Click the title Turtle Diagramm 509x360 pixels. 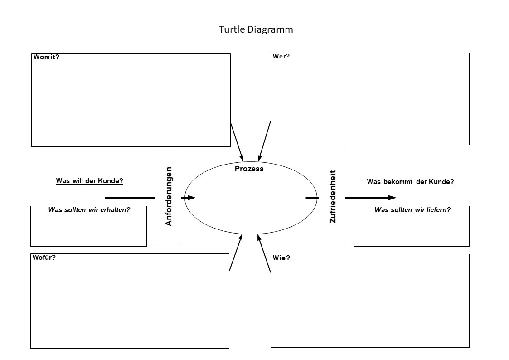coord(256,29)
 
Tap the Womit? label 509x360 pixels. coord(46,57)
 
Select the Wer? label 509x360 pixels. coord(281,57)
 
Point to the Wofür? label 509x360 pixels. coord(44,258)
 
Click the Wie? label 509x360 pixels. coord(281,258)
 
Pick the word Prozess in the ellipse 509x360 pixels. coord(249,169)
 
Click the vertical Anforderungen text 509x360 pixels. coord(169,197)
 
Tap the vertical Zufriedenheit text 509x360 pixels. coord(333,197)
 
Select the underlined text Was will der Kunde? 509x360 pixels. coord(90,180)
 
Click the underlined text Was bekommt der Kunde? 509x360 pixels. coord(410,182)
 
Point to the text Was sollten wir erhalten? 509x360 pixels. coord(89,210)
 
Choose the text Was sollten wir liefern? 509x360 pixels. coord(412,210)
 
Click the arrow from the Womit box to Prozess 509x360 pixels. coord(237,141)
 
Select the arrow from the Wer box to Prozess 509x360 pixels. coord(264,141)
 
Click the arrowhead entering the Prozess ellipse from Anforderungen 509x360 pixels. coord(191,198)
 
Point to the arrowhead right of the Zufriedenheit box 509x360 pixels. coord(392,198)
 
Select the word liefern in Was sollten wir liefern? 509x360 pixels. coord(438,210)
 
